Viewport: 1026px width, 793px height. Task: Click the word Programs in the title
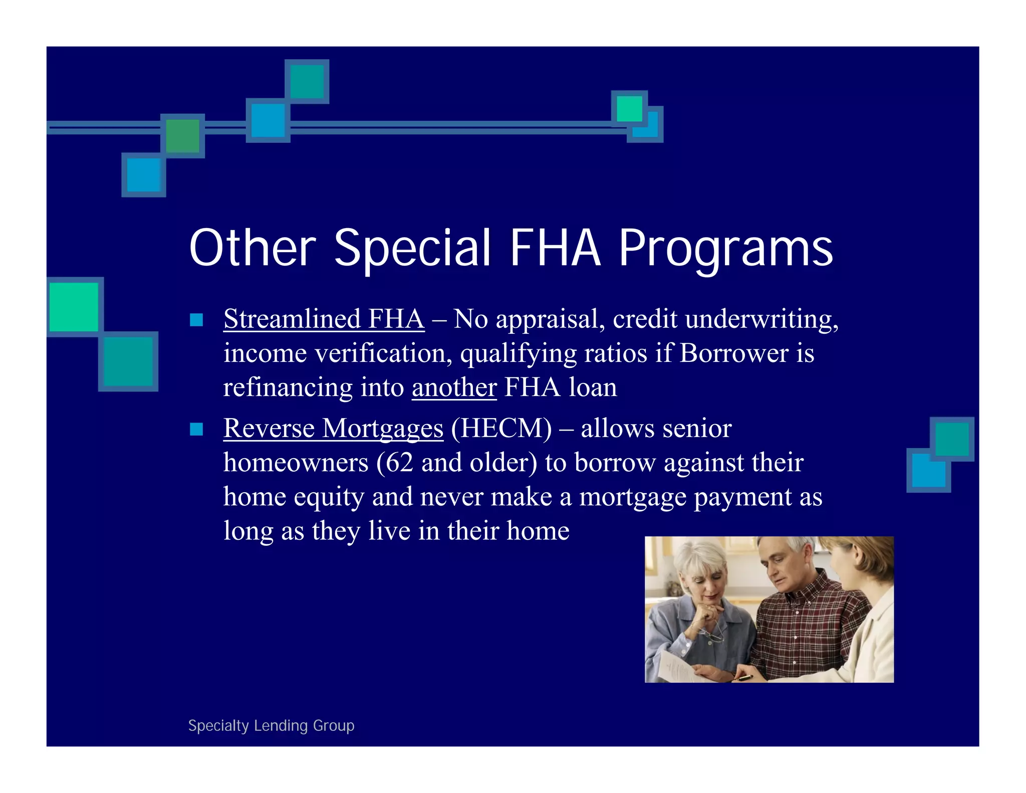point(725,248)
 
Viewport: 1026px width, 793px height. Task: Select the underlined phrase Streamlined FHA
point(324,319)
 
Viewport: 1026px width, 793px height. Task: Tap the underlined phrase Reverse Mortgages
point(333,428)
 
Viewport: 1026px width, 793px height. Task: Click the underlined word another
point(454,387)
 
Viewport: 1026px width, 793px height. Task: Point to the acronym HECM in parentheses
point(501,428)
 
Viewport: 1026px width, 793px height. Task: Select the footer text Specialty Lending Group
point(271,725)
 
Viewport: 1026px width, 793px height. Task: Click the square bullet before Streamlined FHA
point(196,320)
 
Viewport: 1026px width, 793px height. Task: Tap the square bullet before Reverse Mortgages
point(196,429)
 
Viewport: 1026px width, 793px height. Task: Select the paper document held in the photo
point(676,667)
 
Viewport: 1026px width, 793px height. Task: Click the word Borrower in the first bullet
point(734,353)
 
